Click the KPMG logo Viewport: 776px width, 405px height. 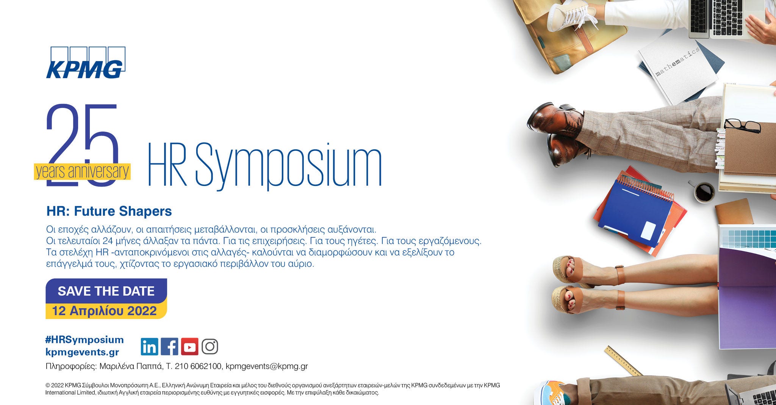(x=86, y=63)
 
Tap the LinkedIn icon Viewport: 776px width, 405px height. (x=149, y=347)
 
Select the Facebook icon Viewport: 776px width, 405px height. (x=169, y=347)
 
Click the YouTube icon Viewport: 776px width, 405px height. (x=189, y=347)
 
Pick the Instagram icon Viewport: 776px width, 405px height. (x=210, y=347)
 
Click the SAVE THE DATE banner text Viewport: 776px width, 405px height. (x=106, y=291)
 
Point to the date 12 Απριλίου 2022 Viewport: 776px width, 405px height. (x=105, y=311)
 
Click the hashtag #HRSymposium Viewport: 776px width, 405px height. (x=84, y=339)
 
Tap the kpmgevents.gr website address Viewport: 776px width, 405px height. (x=82, y=352)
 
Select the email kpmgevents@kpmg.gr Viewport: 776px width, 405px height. (x=266, y=366)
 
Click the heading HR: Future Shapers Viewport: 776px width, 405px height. (x=109, y=211)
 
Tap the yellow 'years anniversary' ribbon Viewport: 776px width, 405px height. (x=82, y=172)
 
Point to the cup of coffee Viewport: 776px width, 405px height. (x=704, y=192)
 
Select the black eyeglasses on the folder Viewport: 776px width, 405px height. (x=742, y=125)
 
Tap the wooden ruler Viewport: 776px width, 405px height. (x=623, y=360)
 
